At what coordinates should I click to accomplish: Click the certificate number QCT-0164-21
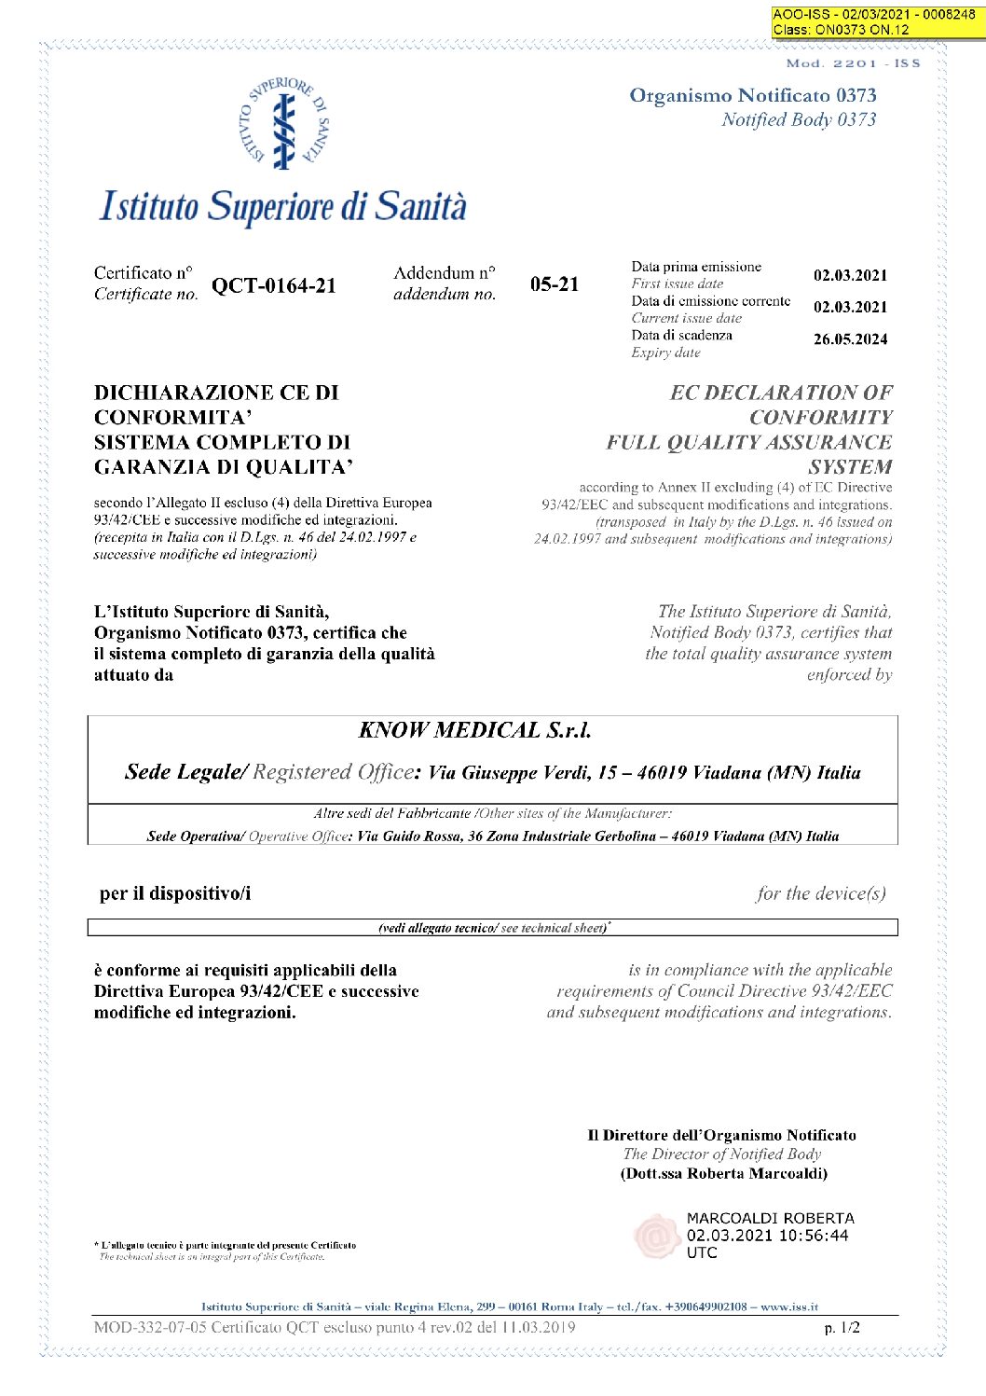[x=273, y=286]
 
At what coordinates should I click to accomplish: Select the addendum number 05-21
[x=555, y=284]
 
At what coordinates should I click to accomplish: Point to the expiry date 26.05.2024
[x=850, y=339]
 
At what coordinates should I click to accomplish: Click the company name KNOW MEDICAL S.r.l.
[x=475, y=730]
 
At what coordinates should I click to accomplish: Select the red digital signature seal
[x=656, y=1236]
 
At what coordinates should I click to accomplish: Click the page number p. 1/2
[x=842, y=1327]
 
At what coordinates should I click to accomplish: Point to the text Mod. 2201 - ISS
[x=853, y=63]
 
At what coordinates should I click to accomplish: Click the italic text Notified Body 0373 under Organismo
[x=799, y=119]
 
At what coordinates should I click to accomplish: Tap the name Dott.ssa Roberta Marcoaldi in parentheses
[x=724, y=1173]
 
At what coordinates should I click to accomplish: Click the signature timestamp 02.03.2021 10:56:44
[x=767, y=1236]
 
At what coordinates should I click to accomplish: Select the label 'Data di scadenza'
[x=681, y=335]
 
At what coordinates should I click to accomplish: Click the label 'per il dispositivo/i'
[x=175, y=893]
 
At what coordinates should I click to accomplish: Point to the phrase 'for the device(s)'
[x=821, y=893]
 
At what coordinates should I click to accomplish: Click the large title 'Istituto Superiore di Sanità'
[x=283, y=207]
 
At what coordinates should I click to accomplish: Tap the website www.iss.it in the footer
[x=790, y=1306]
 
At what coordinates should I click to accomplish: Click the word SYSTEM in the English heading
[x=850, y=467]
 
